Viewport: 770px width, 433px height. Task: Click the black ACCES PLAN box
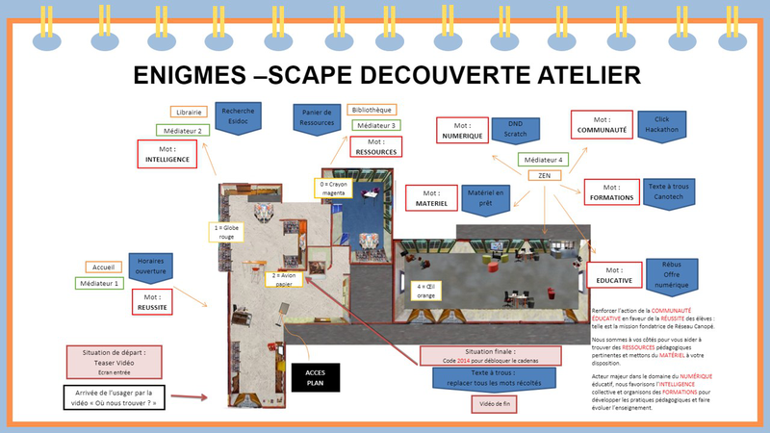(x=317, y=376)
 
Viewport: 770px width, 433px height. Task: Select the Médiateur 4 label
(x=541, y=160)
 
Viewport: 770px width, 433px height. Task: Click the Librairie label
(x=189, y=113)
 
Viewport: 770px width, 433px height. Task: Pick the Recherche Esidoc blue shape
(x=238, y=116)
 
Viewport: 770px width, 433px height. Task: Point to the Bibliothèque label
(x=372, y=110)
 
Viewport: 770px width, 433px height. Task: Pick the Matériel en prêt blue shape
(x=485, y=198)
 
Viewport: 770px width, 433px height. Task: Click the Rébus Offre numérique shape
(x=672, y=274)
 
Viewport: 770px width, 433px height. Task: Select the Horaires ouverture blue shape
(x=151, y=267)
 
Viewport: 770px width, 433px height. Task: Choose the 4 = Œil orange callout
(x=426, y=292)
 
